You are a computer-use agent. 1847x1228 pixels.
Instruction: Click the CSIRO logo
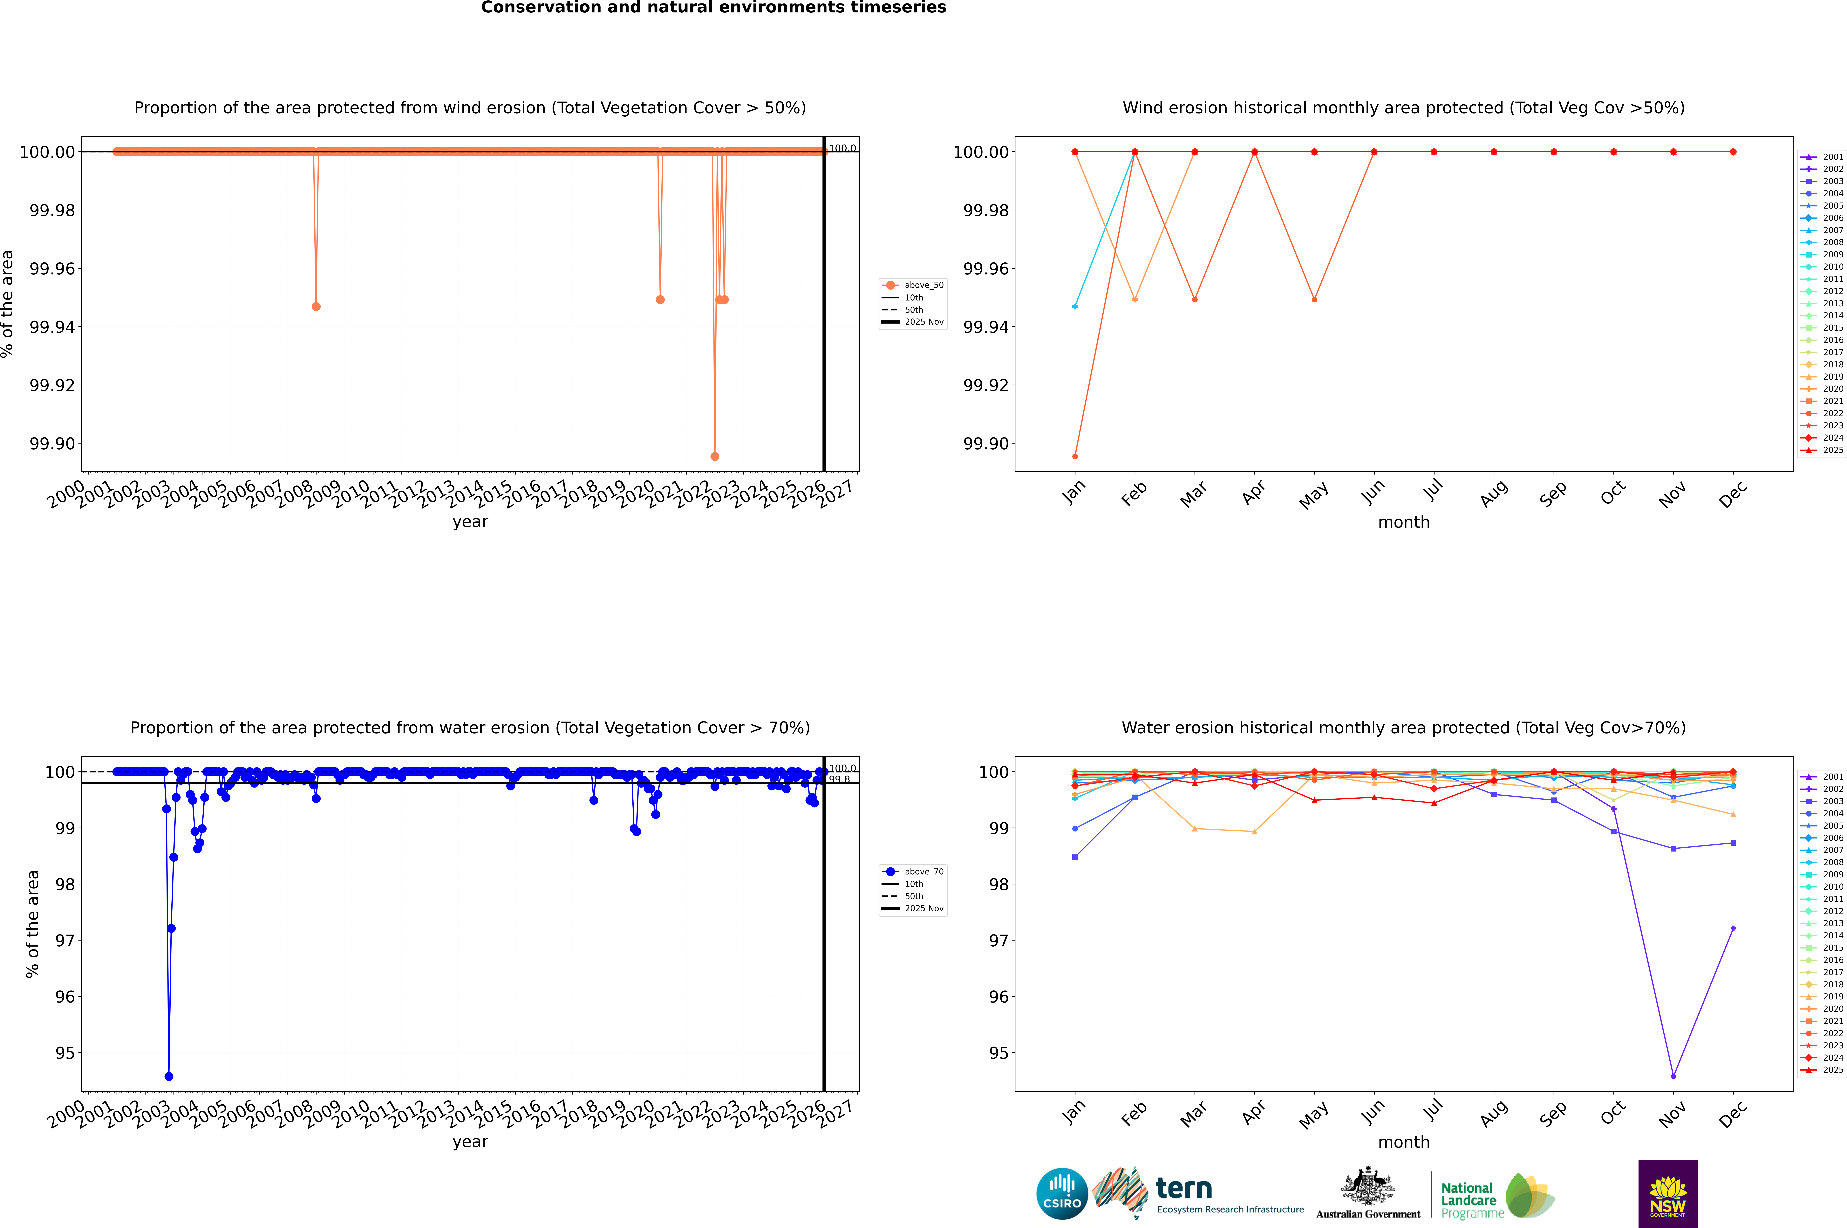[x=1062, y=1194]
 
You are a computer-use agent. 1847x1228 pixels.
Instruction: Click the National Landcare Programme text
[x=1470, y=1200]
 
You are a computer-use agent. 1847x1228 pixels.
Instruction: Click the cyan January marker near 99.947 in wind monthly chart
[x=1075, y=306]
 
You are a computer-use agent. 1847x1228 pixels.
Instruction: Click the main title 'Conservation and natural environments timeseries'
[x=713, y=8]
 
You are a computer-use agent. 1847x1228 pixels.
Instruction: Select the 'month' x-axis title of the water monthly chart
[x=1403, y=1142]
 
